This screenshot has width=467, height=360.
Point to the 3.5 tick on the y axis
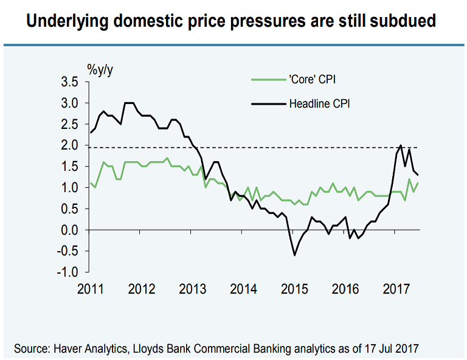[x=71, y=82]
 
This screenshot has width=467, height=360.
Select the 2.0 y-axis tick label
[x=71, y=145]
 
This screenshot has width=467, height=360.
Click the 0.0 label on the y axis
[x=71, y=230]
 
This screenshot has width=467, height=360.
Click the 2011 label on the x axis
[x=90, y=288]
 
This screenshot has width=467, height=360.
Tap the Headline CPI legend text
[x=320, y=104]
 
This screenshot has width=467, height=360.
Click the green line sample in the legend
[x=268, y=80]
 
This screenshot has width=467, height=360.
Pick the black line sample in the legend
[x=268, y=104]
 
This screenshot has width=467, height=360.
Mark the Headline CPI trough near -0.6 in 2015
[x=295, y=255]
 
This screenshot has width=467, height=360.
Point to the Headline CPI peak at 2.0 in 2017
[x=401, y=145]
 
